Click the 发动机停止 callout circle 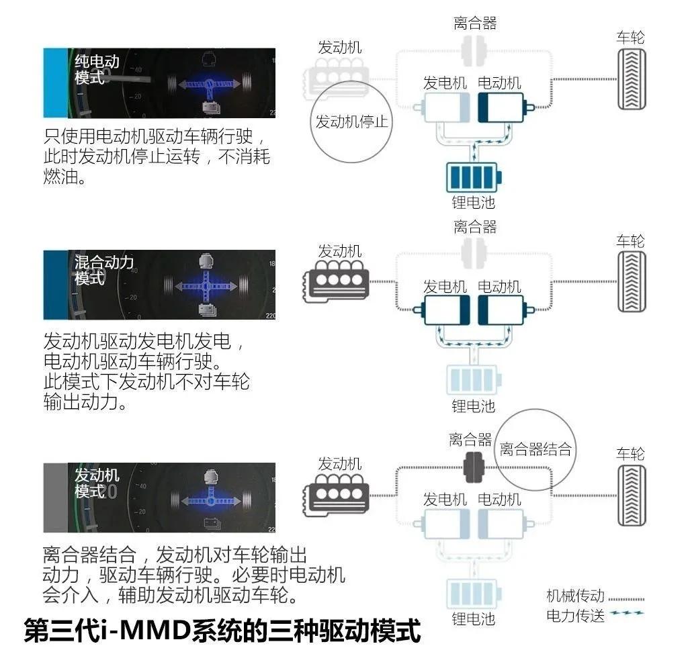pyautogui.click(x=352, y=122)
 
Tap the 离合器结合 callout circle pyautogui.click(x=535, y=449)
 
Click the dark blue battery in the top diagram pyautogui.click(x=474, y=177)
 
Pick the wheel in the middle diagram pyautogui.click(x=632, y=282)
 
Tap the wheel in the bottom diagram pyautogui.click(x=632, y=496)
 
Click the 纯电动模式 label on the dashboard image pyautogui.click(x=97, y=69)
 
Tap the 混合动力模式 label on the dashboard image pyautogui.click(x=103, y=270)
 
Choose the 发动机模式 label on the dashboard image pyautogui.click(x=97, y=483)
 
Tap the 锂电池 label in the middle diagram pyautogui.click(x=473, y=406)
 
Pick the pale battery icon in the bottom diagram pyautogui.click(x=474, y=594)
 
